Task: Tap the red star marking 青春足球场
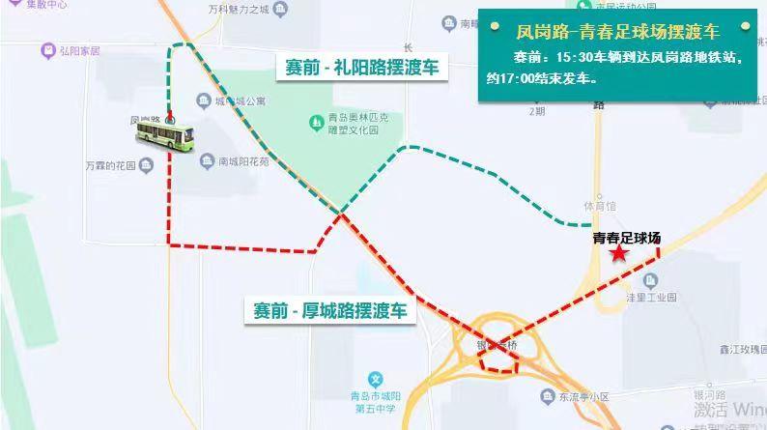pos(618,253)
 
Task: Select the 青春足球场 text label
pos(627,236)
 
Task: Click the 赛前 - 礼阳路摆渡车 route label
pos(361,68)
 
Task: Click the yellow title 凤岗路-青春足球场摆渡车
pos(618,30)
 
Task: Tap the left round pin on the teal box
pos(490,26)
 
